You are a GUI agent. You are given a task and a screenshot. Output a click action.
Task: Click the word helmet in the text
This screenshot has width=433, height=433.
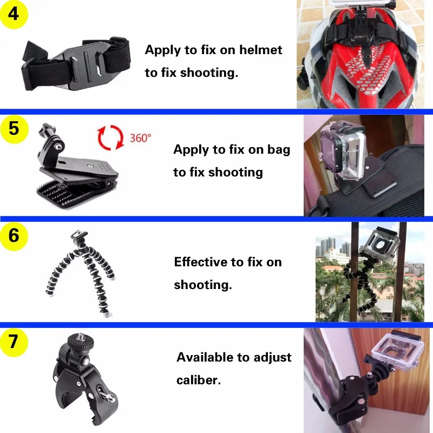pyautogui.click(x=261, y=50)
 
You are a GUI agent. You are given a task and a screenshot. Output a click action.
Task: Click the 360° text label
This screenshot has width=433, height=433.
pyautogui.click(x=140, y=138)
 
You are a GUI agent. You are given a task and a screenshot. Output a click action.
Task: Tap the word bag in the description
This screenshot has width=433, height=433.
pyautogui.click(x=278, y=150)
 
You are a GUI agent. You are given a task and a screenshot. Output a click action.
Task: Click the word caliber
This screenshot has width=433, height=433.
pyautogui.click(x=198, y=379)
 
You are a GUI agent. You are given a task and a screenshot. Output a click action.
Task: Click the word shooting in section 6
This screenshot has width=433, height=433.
pyautogui.click(x=202, y=284)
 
